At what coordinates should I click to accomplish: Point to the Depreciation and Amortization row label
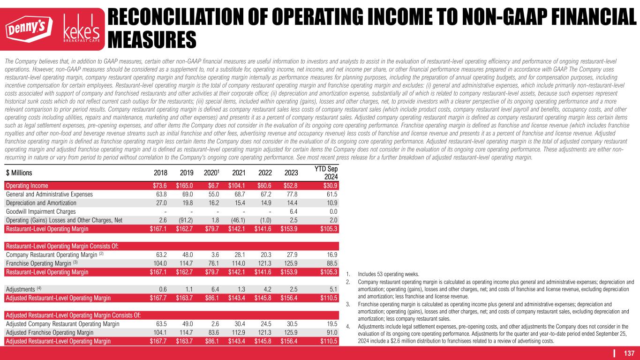point(41,202)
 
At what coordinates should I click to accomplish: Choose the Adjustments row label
point(23,289)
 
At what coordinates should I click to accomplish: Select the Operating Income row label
point(27,186)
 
